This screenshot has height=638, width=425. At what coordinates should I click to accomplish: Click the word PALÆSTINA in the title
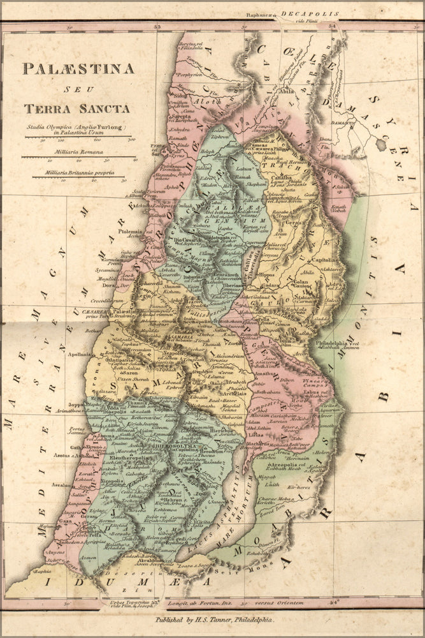pos(78,68)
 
